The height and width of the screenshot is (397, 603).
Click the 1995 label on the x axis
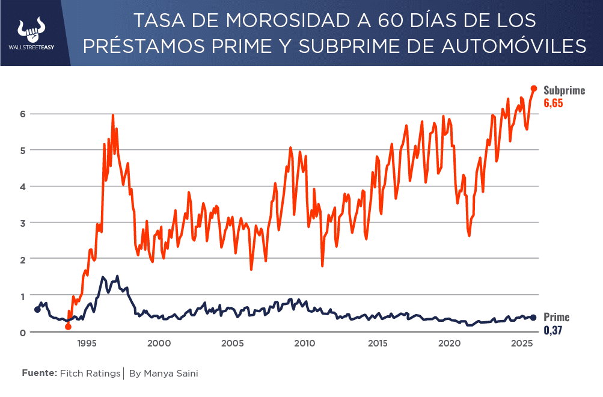(x=87, y=344)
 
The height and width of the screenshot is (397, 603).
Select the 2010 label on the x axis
(x=305, y=344)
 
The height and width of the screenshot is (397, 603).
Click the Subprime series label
(x=564, y=91)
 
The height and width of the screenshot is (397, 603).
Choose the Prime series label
(x=556, y=318)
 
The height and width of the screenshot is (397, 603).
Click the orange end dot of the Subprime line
(x=534, y=88)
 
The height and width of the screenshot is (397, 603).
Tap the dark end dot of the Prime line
(x=533, y=318)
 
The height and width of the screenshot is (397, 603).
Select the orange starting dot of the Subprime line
(x=68, y=327)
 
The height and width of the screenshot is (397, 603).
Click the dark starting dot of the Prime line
(x=37, y=310)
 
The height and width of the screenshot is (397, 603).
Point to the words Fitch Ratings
(x=90, y=374)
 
